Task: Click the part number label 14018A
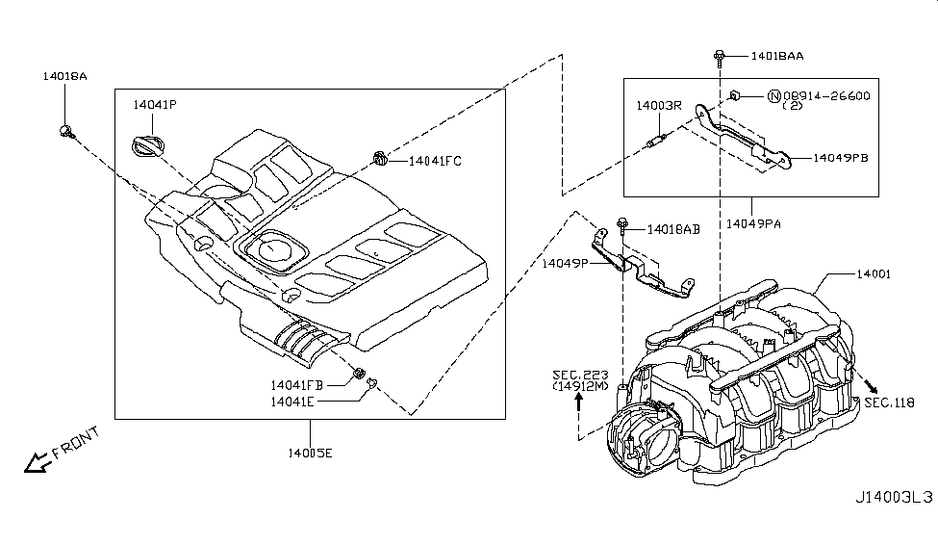(64, 75)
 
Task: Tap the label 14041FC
(435, 161)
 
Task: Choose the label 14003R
(658, 105)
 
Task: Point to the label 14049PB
(841, 157)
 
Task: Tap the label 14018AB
(673, 229)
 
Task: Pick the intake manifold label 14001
(873, 273)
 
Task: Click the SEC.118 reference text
(889, 402)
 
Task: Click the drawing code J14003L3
(894, 499)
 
